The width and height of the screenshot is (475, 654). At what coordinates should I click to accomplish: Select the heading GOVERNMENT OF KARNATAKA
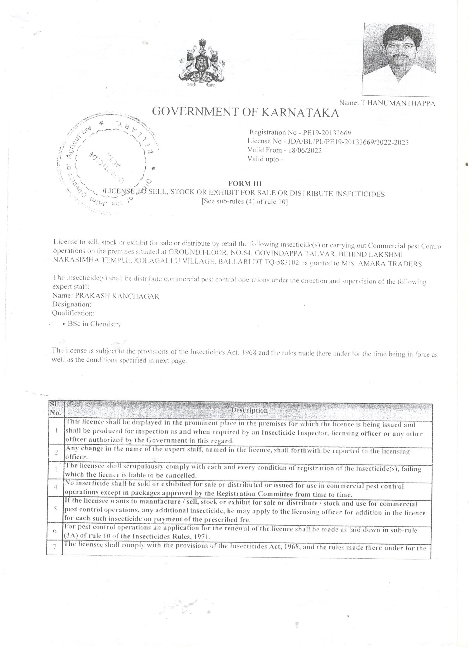[x=245, y=112]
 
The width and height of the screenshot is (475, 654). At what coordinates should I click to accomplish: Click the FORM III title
[x=245, y=184]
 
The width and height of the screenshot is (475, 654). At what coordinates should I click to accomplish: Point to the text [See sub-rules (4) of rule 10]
[x=245, y=202]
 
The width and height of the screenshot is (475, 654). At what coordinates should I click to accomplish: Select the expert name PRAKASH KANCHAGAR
[x=117, y=296]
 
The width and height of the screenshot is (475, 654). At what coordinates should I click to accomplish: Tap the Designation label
[x=72, y=304]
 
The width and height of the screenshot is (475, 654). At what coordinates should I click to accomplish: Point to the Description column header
[x=250, y=410]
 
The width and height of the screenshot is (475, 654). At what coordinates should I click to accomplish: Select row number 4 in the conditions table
[x=56, y=487]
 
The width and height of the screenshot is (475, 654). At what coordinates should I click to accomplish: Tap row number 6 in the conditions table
[x=55, y=531]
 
